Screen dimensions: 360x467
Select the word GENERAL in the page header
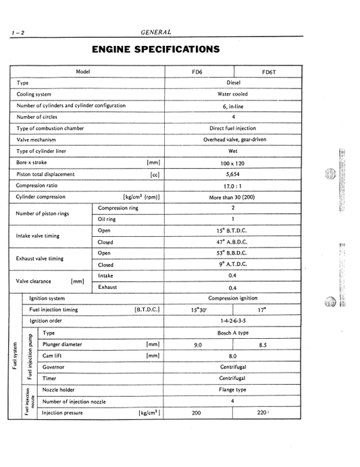pyautogui.click(x=156, y=32)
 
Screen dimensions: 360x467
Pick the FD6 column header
pyautogui.click(x=198, y=71)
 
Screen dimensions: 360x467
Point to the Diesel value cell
pyautogui.click(x=234, y=82)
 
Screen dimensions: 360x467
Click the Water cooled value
pyautogui.click(x=233, y=94)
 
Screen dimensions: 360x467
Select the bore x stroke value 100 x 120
pyautogui.click(x=233, y=163)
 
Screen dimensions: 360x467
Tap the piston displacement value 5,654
pyautogui.click(x=233, y=173)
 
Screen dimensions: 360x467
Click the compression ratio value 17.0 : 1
pyautogui.click(x=233, y=185)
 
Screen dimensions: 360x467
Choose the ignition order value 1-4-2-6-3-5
pyautogui.click(x=233, y=321)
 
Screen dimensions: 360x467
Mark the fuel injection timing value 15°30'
pyautogui.click(x=198, y=310)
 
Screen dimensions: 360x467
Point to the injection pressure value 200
pyautogui.click(x=197, y=412)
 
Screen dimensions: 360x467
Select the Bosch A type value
pyautogui.click(x=233, y=333)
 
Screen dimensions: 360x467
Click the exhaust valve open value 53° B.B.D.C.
pyautogui.click(x=233, y=253)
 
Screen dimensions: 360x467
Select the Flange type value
pyautogui.click(x=233, y=389)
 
